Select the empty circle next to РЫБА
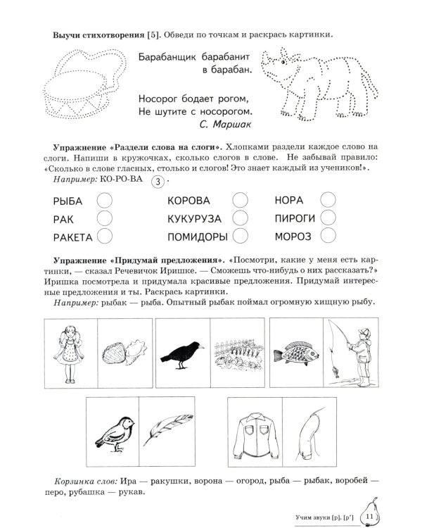click(104, 201)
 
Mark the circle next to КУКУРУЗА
click(240, 218)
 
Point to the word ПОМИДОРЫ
click(196, 236)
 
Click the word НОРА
click(289, 201)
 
